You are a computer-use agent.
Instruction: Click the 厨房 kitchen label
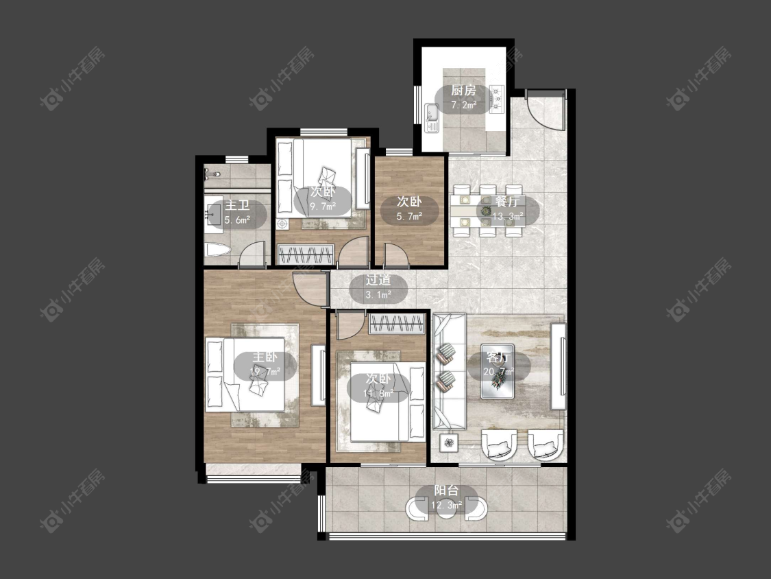click(463, 91)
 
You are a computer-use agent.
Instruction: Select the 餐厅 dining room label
click(507, 202)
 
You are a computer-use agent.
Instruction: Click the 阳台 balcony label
click(446, 491)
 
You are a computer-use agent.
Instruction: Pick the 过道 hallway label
click(378, 280)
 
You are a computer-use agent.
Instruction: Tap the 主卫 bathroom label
click(237, 205)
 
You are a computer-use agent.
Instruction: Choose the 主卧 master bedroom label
click(265, 357)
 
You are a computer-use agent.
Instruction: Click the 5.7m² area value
click(410, 216)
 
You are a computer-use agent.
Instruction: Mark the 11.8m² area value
click(378, 393)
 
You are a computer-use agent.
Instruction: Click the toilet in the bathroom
click(217, 251)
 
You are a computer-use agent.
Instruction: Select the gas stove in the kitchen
click(497, 99)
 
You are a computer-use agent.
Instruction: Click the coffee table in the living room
click(498, 371)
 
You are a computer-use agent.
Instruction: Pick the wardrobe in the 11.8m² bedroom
click(397, 324)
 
